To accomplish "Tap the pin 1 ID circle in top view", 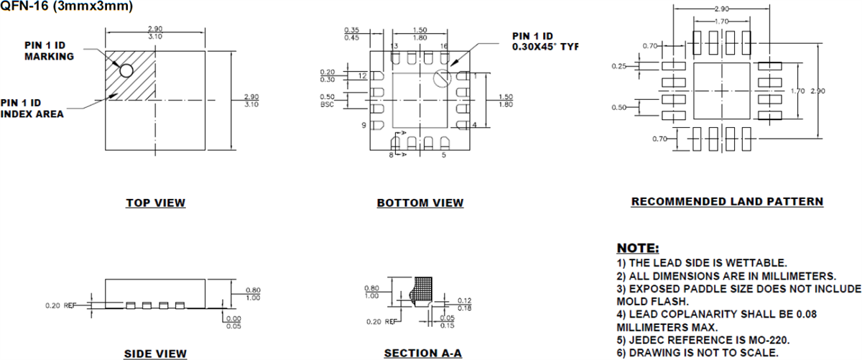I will coord(126,70).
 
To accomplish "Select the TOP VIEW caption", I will coord(155,203).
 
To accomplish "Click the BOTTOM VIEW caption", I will coord(420,203).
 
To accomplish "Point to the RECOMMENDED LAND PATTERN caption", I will coord(727,201).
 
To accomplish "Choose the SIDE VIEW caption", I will coord(155,354).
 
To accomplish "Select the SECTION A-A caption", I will coord(422,354).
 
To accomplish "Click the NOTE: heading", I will coord(638,249).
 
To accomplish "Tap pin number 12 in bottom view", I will coord(362,75).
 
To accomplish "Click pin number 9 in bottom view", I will coord(365,125).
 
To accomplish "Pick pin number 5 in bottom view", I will coord(444,154).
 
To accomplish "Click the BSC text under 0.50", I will coord(328,105).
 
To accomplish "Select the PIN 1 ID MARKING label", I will coord(50,51).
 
